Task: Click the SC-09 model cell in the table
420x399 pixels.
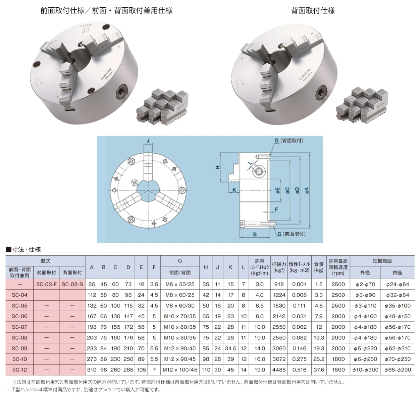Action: point(20,348)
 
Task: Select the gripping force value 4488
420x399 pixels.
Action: point(279,370)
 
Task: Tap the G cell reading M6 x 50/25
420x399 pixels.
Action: point(180,284)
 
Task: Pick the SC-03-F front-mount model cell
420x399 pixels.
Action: point(46,284)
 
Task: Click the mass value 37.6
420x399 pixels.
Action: point(319,370)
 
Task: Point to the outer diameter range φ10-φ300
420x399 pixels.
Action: point(365,370)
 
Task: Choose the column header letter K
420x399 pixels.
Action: point(230,267)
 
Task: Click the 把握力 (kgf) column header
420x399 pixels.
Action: point(279,267)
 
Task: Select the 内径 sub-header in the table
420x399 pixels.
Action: point(397,272)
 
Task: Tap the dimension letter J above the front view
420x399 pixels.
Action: point(148,141)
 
